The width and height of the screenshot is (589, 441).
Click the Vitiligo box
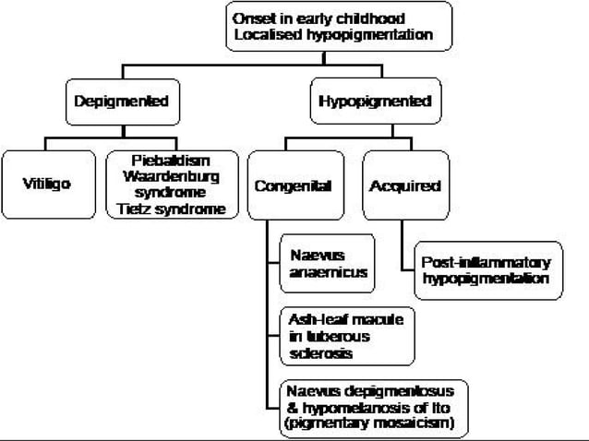[x=47, y=184]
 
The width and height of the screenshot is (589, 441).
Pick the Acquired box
[x=404, y=185]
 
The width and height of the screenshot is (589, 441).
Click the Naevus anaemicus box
[x=328, y=264]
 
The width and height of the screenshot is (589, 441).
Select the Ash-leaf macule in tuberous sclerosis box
[x=346, y=335]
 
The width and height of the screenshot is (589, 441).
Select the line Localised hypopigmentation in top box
[x=339, y=35]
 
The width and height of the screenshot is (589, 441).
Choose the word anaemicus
[x=328, y=273]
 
